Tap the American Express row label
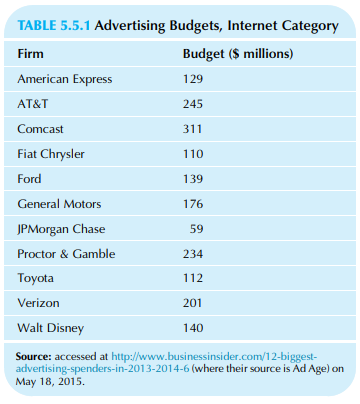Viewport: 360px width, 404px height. click(x=64, y=77)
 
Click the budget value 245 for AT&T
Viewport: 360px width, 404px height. click(x=193, y=103)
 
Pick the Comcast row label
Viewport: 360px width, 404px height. click(x=44, y=128)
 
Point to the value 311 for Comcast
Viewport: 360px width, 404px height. click(x=193, y=128)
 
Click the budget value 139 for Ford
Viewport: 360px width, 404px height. click(x=193, y=179)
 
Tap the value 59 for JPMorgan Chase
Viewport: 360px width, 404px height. click(x=197, y=229)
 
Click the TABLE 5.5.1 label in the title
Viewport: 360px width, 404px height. click(x=61, y=25)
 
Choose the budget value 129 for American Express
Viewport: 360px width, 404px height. click(x=193, y=77)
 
